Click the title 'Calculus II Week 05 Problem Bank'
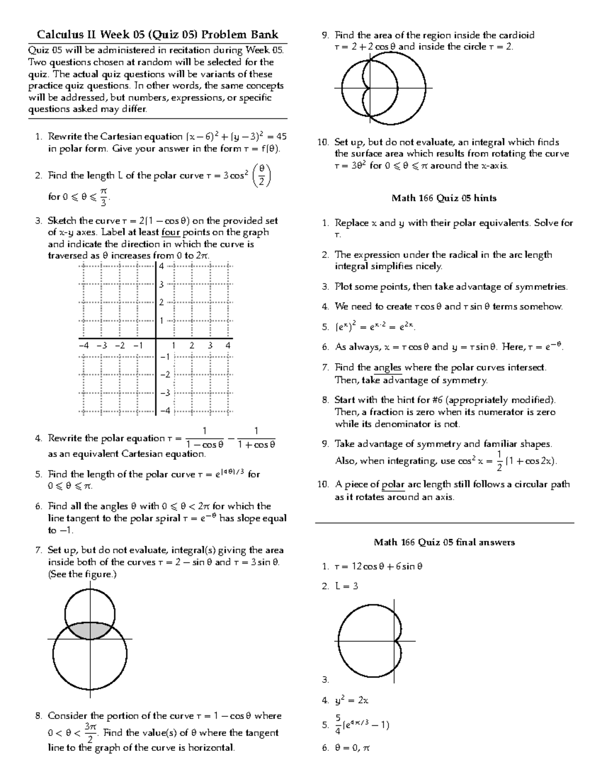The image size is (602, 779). (158, 35)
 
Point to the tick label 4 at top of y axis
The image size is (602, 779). (162, 266)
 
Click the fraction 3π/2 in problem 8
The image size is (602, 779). (90, 733)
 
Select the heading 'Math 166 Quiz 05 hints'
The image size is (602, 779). (443, 198)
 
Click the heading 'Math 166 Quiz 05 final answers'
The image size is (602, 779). (444, 542)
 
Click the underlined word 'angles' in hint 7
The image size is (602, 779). (388, 368)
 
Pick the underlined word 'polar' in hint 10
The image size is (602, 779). (393, 485)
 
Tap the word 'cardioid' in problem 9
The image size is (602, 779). (515, 35)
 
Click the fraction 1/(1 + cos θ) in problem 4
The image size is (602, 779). (256, 438)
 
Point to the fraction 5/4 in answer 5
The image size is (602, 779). (339, 725)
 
